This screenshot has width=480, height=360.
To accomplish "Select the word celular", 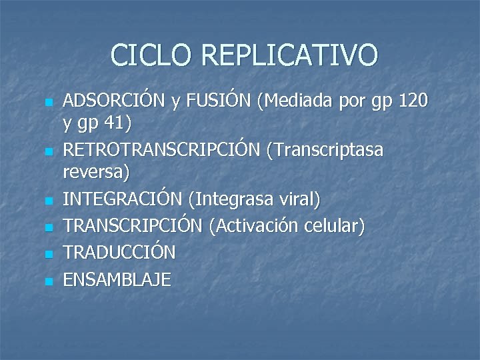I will pyautogui.click(x=339, y=226).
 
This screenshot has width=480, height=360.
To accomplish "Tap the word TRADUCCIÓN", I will pyautogui.click(x=119, y=253).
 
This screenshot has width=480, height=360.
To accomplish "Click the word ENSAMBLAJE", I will pyautogui.click(x=117, y=279).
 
